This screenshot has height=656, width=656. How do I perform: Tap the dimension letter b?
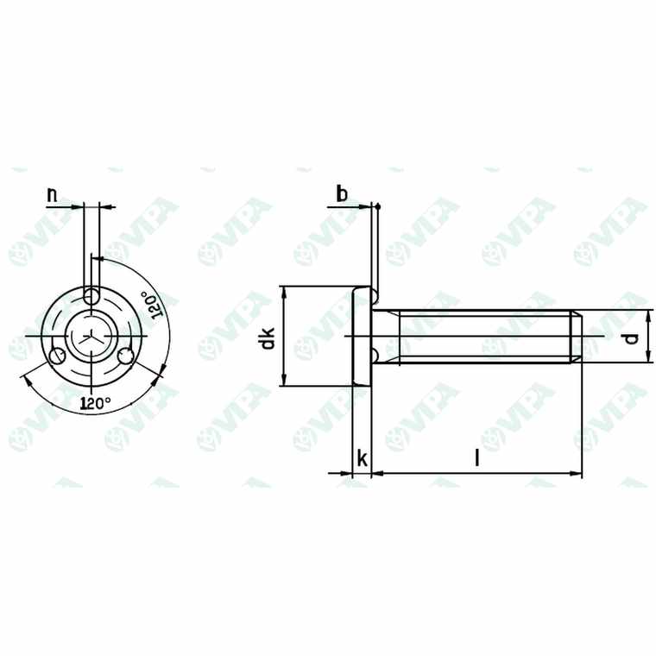coord(342,195)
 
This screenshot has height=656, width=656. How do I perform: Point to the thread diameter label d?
coord(633,337)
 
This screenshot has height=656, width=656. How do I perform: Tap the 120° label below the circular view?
coord(95,402)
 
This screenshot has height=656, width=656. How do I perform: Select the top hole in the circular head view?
coord(91,297)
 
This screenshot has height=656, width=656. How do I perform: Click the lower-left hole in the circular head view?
coord(58,356)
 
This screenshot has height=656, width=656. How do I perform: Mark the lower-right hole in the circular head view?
coord(126,355)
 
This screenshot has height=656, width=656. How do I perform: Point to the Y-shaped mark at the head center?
coord(91,336)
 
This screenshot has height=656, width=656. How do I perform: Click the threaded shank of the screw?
coord(483,337)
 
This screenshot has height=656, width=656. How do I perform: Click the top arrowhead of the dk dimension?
coord(284,291)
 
